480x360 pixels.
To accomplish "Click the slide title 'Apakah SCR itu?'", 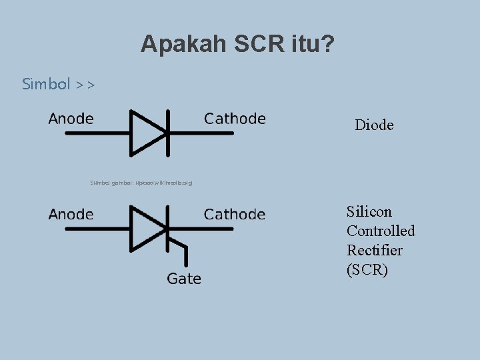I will pos(238,45).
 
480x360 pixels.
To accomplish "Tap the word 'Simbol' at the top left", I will pos(46,84).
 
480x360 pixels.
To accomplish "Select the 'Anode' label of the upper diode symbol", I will pos(71,119).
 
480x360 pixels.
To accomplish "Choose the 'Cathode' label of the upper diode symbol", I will pos(235,119).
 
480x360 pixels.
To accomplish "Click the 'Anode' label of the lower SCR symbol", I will pos(71,215).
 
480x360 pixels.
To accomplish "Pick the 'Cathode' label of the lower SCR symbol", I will pos(235,215).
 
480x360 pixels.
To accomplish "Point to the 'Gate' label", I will pos(184,279).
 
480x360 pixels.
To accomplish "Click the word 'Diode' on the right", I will pos(374,125).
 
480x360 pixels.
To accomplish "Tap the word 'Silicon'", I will pos(369,211).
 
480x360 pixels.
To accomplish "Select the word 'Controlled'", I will pos(381,231).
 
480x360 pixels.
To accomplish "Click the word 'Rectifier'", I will pos(375,250).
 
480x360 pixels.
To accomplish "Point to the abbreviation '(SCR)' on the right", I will pos(367,269).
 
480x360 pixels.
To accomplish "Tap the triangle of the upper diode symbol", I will pos(145,133).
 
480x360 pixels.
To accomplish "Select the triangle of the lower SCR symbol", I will pos(145,229).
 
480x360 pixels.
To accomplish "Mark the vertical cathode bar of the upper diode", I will pos(166,133).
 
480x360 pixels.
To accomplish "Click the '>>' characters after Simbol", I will pos(85,85).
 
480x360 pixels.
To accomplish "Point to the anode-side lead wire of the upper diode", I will pos(97,133).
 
